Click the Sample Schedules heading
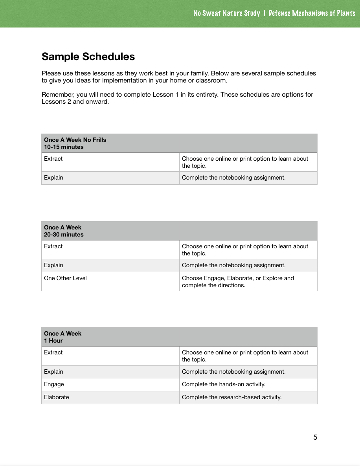pos(88,57)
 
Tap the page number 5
pos(315,437)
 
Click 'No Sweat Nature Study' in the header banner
pos(226,13)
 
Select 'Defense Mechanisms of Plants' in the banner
pos(312,13)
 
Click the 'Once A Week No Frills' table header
pos(75,140)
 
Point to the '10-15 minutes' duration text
pos(64,147)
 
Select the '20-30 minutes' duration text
pos(64,235)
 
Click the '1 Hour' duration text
pos(53,341)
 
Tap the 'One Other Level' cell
pos(65,278)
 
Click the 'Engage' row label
pos(54,384)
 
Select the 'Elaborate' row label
pos(56,397)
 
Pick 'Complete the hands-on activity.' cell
pos(224,384)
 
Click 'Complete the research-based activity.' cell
pos(231,397)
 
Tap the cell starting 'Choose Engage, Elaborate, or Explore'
pos(238,281)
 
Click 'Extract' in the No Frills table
pos(53,159)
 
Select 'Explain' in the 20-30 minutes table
pos(53,265)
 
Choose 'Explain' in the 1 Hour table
pos(53,372)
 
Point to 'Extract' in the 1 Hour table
pos(53,352)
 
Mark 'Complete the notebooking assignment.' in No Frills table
pos(233,178)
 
